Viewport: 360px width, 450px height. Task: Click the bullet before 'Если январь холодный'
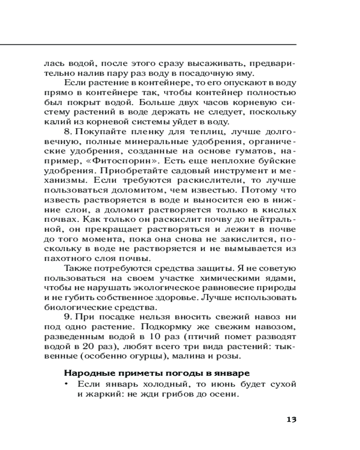(x=67, y=384)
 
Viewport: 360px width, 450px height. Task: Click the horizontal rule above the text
(x=148, y=45)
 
